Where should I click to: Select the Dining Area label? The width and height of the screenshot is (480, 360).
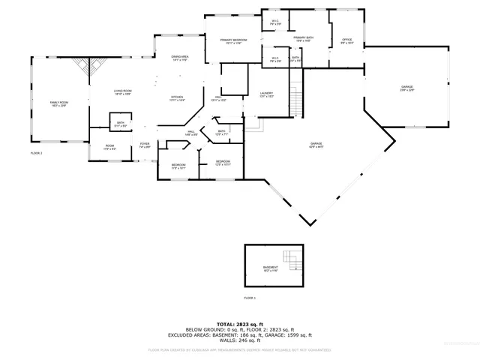180,58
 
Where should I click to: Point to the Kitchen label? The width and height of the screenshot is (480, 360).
177,98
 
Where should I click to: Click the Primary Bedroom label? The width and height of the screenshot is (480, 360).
233,40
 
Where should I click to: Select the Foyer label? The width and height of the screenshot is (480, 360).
144,145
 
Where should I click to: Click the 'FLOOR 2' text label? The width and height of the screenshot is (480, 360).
36,153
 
